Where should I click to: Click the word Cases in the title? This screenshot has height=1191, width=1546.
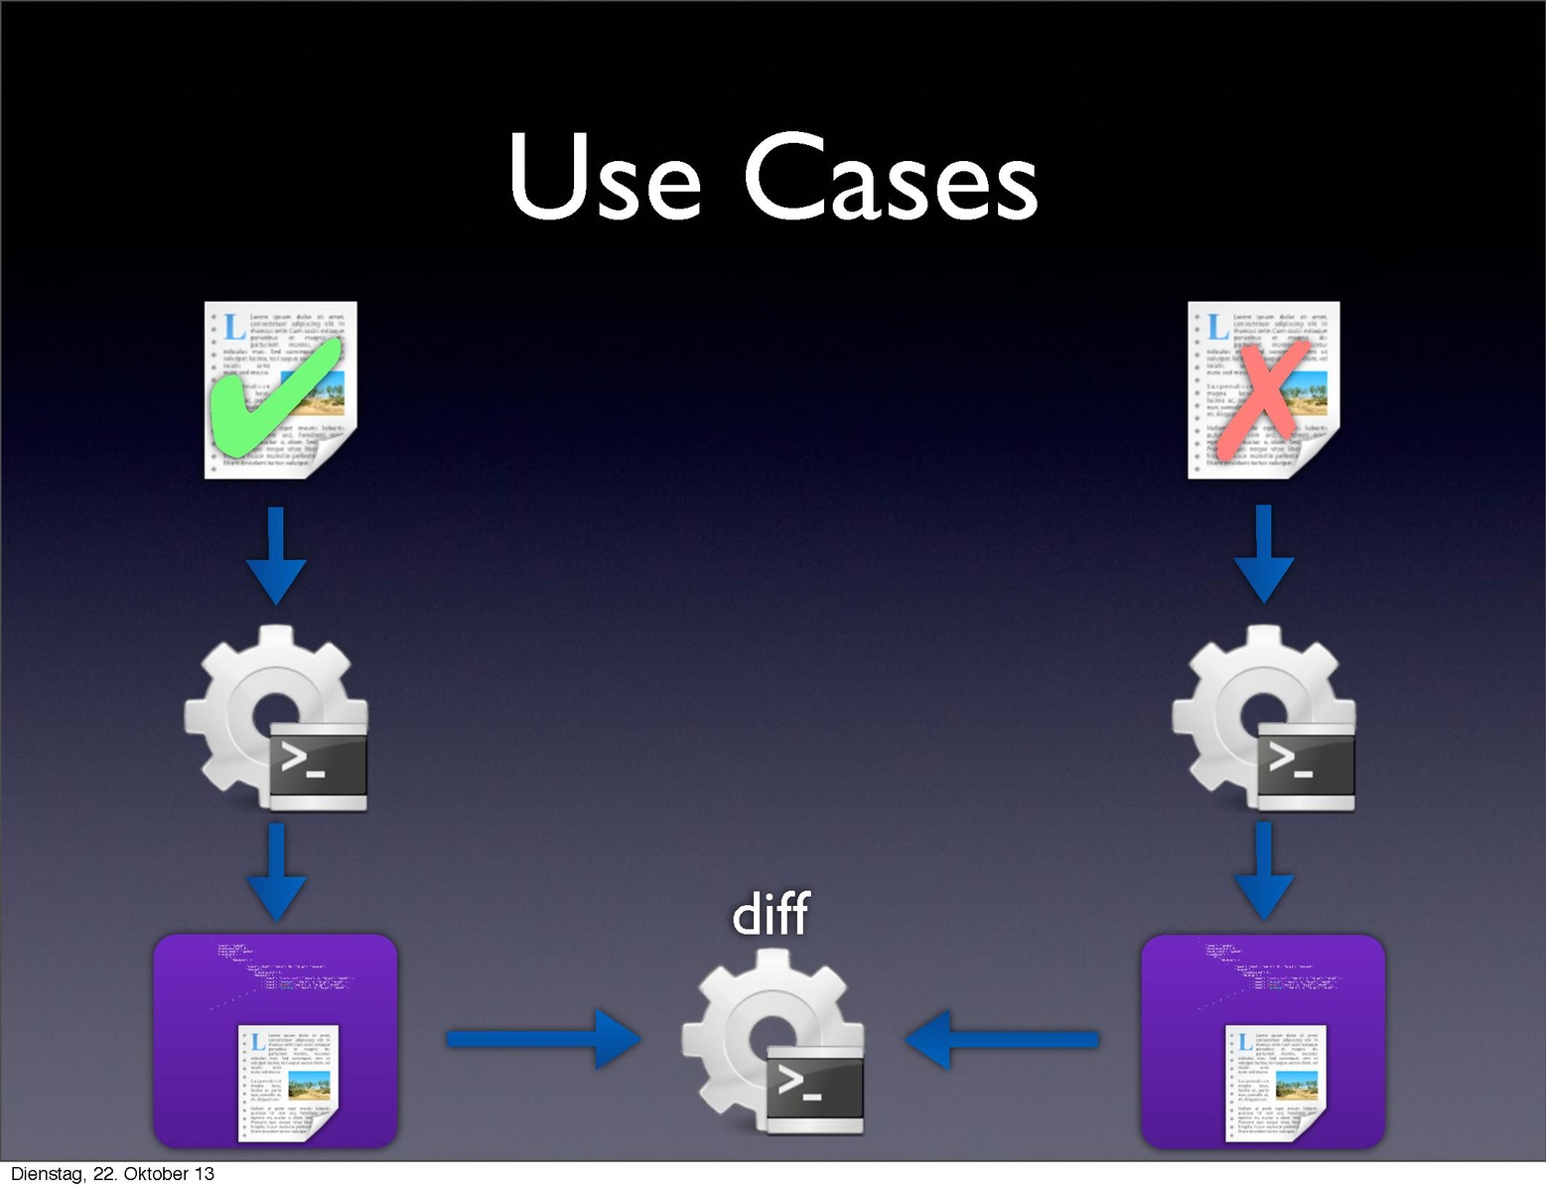pos(891,179)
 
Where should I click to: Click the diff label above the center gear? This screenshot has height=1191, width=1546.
pos(771,914)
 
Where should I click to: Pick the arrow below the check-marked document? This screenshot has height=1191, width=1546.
pos(276,555)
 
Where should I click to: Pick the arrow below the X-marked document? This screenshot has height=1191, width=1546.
pos(1263,553)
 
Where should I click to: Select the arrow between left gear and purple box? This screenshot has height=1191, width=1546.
pos(276,871)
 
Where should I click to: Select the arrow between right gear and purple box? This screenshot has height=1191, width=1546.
pos(1263,869)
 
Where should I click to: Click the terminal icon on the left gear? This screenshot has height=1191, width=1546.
pos(318,765)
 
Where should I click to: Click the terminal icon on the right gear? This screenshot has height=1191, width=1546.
pos(1305,765)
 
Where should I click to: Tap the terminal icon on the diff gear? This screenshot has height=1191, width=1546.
pos(814,1088)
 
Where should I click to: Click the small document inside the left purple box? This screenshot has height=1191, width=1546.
pos(288,1083)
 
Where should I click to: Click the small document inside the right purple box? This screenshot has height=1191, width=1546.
pos(1276,1083)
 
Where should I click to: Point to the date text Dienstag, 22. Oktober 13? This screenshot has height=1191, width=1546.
pos(112,1174)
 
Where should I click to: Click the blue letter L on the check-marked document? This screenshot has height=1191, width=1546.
pos(234,327)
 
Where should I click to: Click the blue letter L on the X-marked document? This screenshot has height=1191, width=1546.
pos(1218,327)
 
